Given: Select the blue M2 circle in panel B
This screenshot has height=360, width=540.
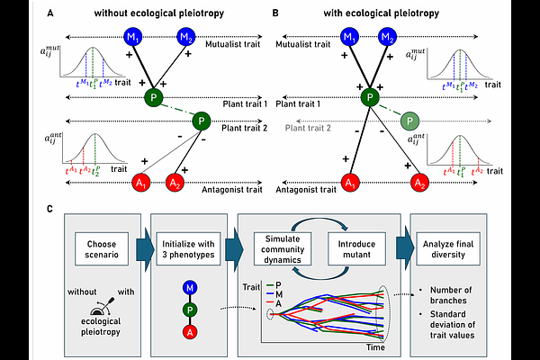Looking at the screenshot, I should [x=388, y=38].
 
